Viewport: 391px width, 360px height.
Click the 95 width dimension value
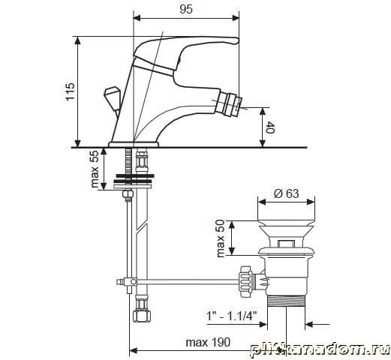[186, 9]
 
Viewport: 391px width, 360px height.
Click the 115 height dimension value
[71, 91]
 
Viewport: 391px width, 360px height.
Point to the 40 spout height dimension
[270, 127]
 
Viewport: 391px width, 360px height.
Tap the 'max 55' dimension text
[95, 169]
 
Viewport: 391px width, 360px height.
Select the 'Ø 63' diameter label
[286, 193]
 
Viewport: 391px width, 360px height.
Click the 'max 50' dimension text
[221, 238]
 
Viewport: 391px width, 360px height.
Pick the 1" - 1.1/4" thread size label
[231, 316]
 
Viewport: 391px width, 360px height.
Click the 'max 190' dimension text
[208, 342]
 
